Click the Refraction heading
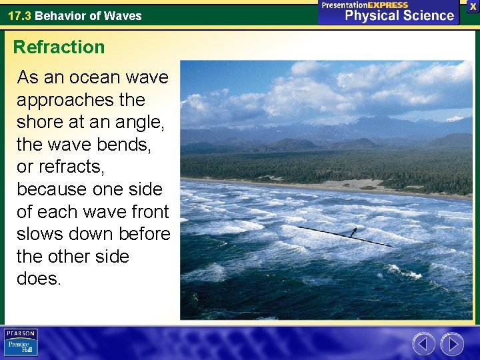click(x=59, y=47)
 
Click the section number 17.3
click(x=19, y=15)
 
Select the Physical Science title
click(x=399, y=15)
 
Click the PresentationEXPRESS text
click(x=365, y=5)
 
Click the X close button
click(x=472, y=5)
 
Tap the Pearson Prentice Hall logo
click(x=21, y=343)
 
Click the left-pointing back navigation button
click(x=423, y=344)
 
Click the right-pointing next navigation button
click(x=452, y=344)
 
